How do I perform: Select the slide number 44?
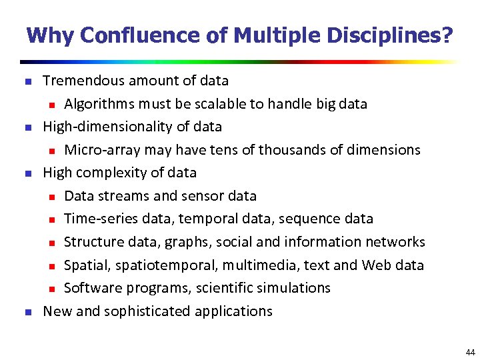point(471,352)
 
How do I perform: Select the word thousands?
point(289,149)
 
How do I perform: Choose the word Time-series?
point(99,219)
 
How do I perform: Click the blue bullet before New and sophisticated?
point(27,312)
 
